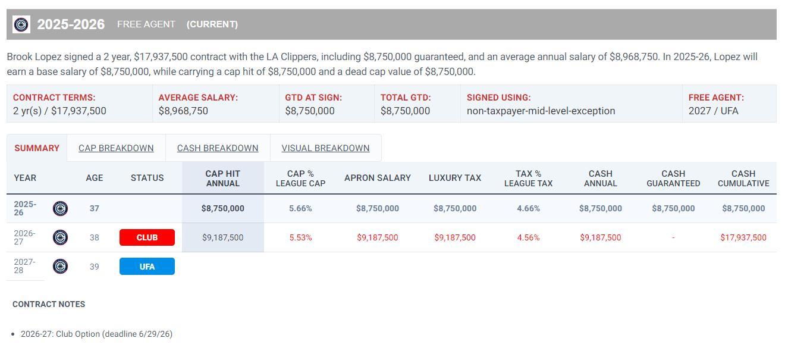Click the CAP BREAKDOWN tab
(116, 148)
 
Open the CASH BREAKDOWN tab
(218, 148)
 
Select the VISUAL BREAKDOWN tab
(325, 148)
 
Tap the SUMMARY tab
(37, 148)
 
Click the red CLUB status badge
(147, 237)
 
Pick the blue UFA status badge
(147, 267)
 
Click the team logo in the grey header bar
(21, 24)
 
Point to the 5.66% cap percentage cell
(300, 208)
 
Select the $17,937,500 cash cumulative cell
(743, 237)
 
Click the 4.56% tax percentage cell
(528, 237)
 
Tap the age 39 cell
(94, 267)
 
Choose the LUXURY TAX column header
(455, 178)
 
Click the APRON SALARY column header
(378, 178)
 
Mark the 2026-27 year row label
(24, 237)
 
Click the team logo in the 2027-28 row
(60, 266)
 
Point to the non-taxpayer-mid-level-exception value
(541, 111)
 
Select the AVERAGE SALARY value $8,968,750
(183, 111)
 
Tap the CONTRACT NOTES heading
(49, 304)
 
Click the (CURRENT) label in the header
(212, 24)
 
